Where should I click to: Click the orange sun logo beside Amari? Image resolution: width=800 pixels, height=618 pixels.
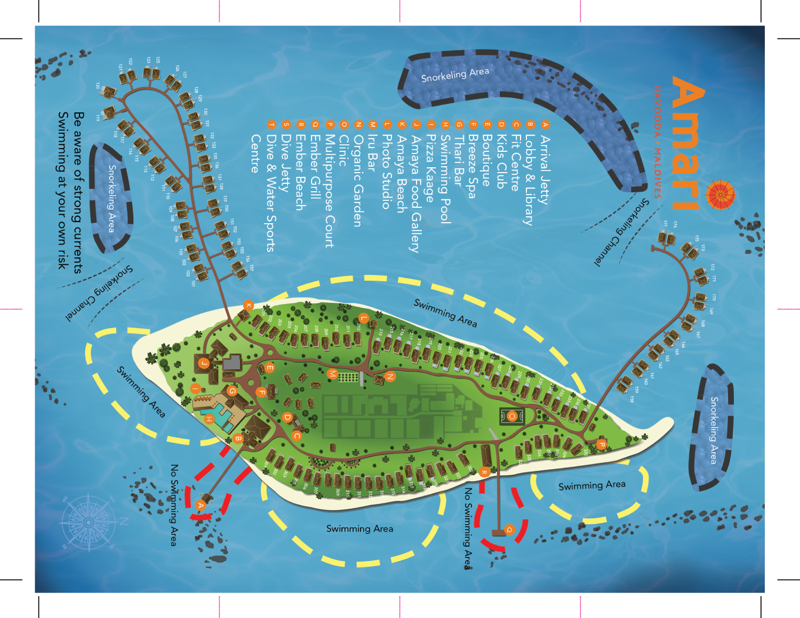(x=721, y=196)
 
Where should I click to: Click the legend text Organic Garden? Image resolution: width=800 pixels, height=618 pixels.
(x=358, y=181)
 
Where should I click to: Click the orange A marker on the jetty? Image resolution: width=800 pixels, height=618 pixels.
(x=201, y=505)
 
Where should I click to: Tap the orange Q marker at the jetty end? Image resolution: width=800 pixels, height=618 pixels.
(x=509, y=530)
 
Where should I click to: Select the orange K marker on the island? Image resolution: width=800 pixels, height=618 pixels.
(x=248, y=305)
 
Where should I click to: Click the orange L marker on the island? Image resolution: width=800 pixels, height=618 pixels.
(x=363, y=318)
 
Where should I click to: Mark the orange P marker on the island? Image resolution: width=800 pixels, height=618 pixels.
(x=602, y=444)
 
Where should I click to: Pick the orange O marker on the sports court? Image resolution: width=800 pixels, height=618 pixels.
(x=512, y=416)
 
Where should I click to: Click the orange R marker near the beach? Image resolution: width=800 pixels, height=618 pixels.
(x=484, y=472)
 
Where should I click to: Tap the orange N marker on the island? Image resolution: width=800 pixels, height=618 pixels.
(x=390, y=377)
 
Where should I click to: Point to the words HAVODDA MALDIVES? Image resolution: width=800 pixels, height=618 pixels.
(x=658, y=141)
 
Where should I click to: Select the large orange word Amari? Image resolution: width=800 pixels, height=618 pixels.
(x=687, y=144)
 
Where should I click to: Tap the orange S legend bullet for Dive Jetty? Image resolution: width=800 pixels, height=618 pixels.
(x=286, y=125)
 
